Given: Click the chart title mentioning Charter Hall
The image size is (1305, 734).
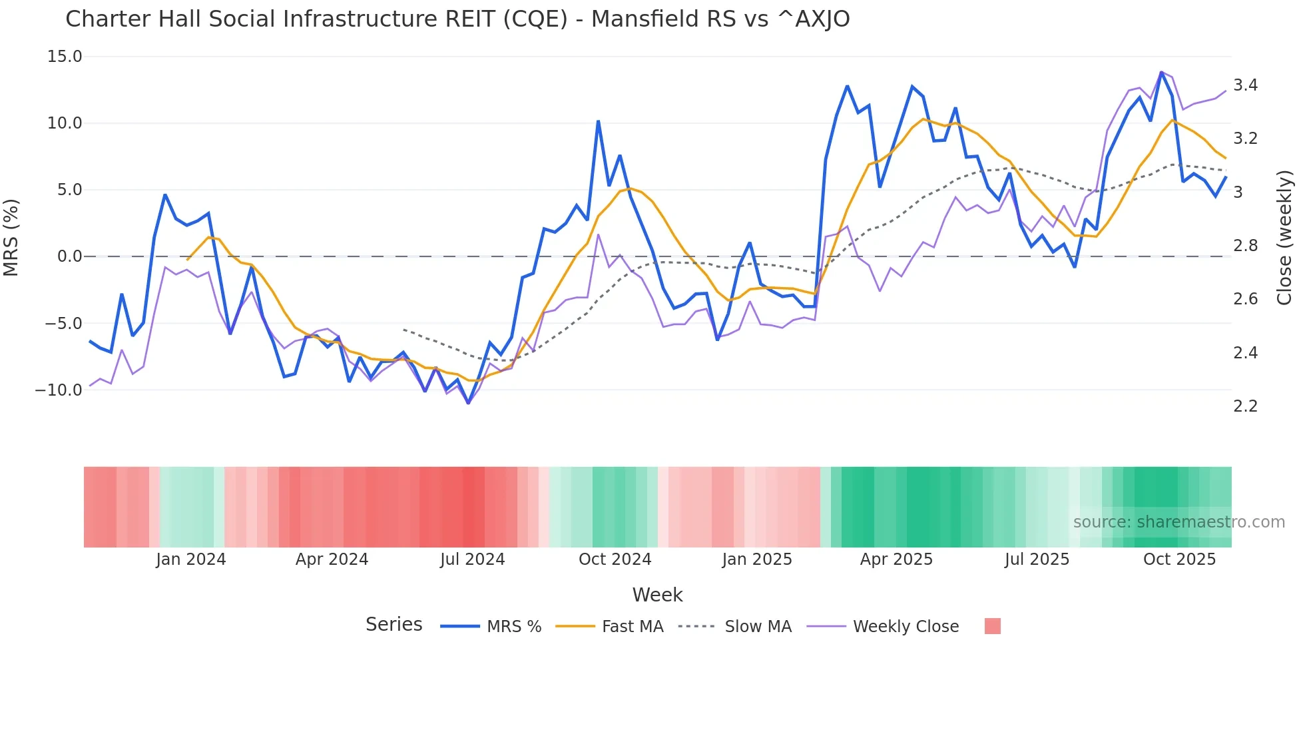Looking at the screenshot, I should [457, 19].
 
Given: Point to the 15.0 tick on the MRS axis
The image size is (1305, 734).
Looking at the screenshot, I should [65, 57].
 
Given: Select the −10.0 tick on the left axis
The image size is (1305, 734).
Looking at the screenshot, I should [59, 390].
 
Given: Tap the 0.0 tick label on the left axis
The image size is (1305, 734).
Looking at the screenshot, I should [69, 256].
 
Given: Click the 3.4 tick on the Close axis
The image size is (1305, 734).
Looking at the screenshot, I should [1245, 85].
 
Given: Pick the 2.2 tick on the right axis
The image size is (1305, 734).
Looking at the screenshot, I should [1245, 406].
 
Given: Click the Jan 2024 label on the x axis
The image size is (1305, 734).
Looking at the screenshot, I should [191, 559].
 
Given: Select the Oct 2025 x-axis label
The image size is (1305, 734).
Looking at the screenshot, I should [1179, 559].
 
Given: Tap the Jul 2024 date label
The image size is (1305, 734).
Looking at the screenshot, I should [472, 559].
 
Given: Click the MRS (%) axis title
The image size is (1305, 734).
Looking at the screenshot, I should [11, 237].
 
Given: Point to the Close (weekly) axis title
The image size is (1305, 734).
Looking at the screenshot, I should [1284, 237].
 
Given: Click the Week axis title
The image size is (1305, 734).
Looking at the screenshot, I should [657, 595].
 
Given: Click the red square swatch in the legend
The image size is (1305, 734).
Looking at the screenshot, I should [992, 626].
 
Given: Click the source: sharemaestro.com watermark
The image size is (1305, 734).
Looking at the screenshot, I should [1178, 522].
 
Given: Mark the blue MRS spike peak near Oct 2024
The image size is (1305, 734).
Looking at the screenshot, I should [598, 121].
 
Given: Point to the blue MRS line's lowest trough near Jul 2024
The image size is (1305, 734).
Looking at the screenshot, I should [468, 403].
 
